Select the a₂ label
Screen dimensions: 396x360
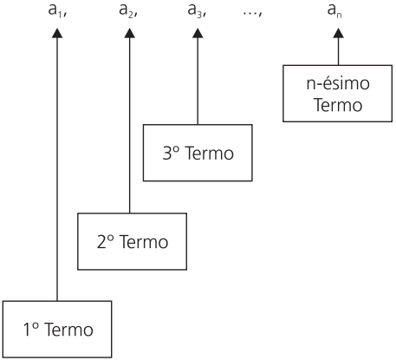[x=128, y=11]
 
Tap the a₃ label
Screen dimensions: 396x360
[x=197, y=11]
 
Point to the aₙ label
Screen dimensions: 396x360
[x=334, y=11]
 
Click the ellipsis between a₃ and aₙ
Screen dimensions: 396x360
[x=253, y=14]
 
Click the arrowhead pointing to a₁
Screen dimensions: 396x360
[x=57, y=33]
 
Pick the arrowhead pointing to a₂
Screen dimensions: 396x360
[x=130, y=33]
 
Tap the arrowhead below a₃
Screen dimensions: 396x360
[x=198, y=33]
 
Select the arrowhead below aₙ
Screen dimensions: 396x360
[x=338, y=33]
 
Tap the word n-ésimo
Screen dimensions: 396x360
[x=338, y=83]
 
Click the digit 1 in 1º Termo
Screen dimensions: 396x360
[x=27, y=330]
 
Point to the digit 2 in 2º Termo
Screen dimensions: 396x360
[x=102, y=242]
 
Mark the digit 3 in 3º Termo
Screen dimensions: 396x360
[x=167, y=153]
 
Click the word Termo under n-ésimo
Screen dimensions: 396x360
[x=338, y=105]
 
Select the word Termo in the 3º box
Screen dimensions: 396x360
[x=209, y=153]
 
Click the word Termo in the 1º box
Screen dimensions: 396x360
[x=68, y=330]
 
